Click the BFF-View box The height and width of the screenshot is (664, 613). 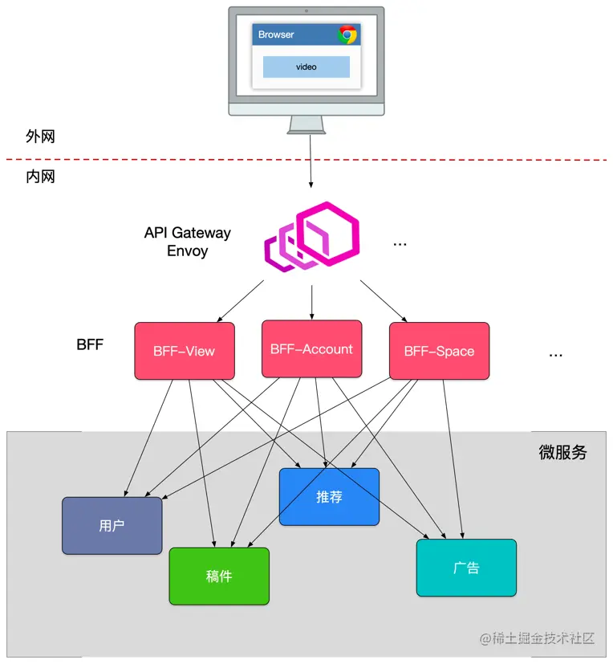pyautogui.click(x=184, y=351)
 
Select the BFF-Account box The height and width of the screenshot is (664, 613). pyautogui.click(x=311, y=349)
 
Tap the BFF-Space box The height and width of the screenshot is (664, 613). pyautogui.click(x=439, y=351)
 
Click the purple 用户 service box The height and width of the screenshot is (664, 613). pyautogui.click(x=112, y=526)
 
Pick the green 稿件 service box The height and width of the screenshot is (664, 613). pyautogui.click(x=218, y=576)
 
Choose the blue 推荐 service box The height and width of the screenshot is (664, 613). pyautogui.click(x=329, y=497)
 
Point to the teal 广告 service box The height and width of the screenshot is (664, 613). pyautogui.click(x=466, y=568)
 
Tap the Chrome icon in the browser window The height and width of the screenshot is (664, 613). pyautogui.click(x=347, y=35)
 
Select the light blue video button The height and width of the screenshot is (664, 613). pyautogui.click(x=306, y=67)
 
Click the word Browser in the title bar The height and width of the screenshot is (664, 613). pyautogui.click(x=276, y=35)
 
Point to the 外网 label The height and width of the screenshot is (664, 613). pyautogui.click(x=40, y=136)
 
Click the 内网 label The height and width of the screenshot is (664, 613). pyautogui.click(x=40, y=177)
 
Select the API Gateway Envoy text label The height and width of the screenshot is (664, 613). pyautogui.click(x=187, y=242)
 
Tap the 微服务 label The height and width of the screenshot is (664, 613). pyautogui.click(x=562, y=453)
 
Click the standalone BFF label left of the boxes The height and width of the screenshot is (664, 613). pyautogui.click(x=90, y=346)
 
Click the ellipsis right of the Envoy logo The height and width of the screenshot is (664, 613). pyautogui.click(x=400, y=243)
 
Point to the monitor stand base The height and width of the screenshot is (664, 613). pyautogui.click(x=306, y=131)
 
